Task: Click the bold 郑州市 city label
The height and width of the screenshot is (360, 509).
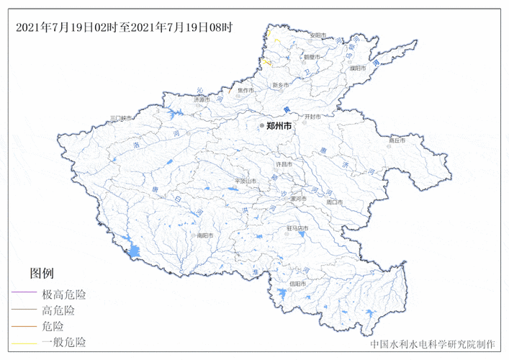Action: pos(279,125)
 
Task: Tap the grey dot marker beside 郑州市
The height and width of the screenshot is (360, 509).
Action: pos(263,125)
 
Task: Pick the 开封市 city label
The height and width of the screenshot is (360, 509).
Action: pos(312,116)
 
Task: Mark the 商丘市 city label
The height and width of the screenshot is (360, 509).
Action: pos(397,140)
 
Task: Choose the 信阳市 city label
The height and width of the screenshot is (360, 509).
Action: pos(298,284)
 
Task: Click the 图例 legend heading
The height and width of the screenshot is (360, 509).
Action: pos(42,274)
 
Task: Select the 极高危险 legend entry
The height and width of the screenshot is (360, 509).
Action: pos(64,294)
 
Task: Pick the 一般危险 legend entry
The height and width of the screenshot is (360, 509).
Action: pos(64,342)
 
